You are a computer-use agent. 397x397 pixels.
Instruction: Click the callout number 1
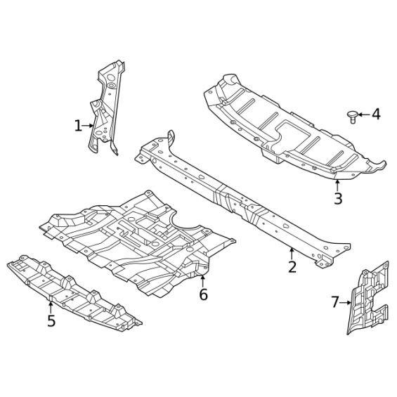point(78,126)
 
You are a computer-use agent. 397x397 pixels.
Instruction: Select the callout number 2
point(292,266)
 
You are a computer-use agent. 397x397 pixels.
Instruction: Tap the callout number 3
point(338,198)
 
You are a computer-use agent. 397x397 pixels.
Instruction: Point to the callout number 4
point(376,115)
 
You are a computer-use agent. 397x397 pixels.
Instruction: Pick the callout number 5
point(51,321)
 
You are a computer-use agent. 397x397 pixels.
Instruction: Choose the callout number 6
point(203,294)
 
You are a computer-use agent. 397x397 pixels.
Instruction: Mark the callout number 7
point(334,302)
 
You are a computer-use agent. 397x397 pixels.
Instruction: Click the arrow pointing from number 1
point(88,126)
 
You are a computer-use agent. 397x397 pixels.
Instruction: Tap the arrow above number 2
point(292,254)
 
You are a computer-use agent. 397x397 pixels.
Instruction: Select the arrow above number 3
point(337,185)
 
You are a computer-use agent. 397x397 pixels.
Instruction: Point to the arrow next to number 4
point(363,115)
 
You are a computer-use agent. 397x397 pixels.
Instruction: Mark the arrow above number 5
point(51,307)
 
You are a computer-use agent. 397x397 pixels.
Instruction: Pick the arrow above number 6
point(202,281)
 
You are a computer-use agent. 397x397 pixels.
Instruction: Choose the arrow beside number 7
point(345,302)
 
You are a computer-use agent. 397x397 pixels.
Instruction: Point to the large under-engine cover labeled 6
point(137,243)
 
